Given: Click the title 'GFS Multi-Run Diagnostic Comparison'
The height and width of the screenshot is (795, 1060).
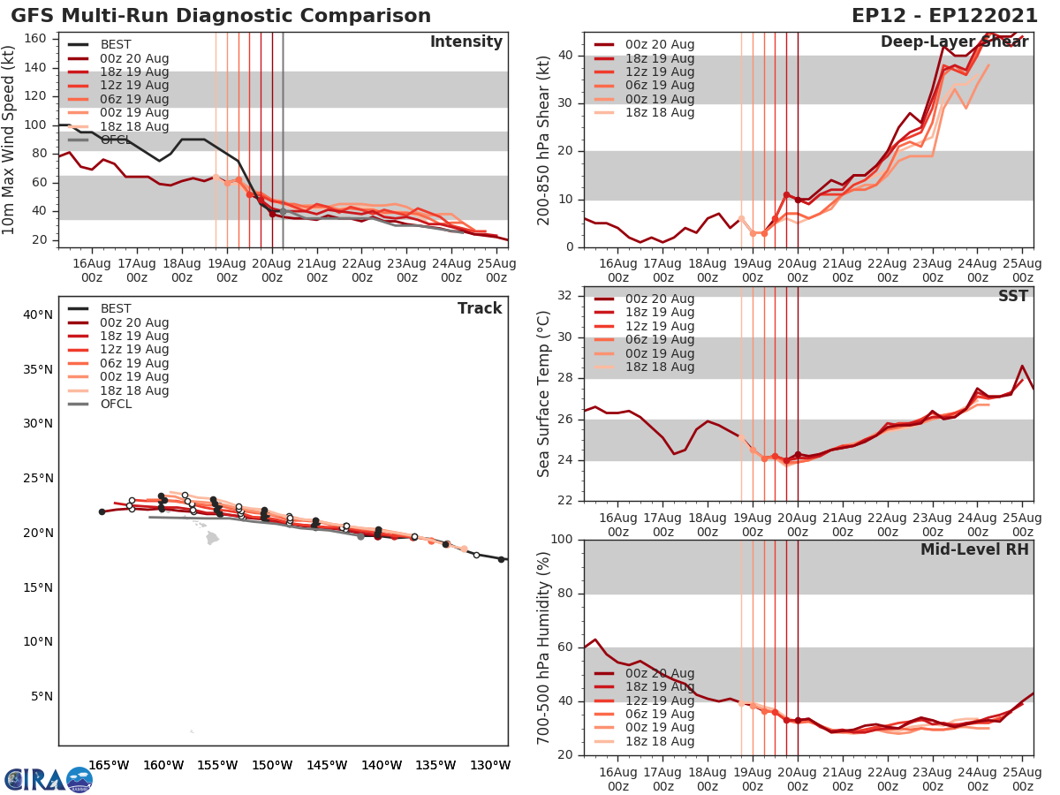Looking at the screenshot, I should pyautogui.click(x=221, y=16).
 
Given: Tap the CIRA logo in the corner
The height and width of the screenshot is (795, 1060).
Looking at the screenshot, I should pyautogui.click(x=48, y=779).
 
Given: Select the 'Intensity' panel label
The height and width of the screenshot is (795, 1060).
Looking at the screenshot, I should pyautogui.click(x=466, y=42).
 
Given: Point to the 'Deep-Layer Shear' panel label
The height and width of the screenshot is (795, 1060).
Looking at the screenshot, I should pyautogui.click(x=954, y=42).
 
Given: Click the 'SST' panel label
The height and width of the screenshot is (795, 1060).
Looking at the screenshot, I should pyautogui.click(x=1013, y=296).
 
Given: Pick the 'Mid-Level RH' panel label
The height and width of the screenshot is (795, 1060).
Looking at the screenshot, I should pyautogui.click(x=974, y=549).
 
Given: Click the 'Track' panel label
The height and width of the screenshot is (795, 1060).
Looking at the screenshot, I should pyautogui.click(x=480, y=308).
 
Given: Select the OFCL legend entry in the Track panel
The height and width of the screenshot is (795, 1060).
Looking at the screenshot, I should pyautogui.click(x=116, y=405).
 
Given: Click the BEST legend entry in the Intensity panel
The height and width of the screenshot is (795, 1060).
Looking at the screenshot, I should pyautogui.click(x=116, y=45).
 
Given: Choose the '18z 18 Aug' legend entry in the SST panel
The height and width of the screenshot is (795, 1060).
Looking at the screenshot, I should pyautogui.click(x=661, y=367).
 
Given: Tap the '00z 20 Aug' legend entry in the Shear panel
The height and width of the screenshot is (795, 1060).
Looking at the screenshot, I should pyautogui.click(x=661, y=45).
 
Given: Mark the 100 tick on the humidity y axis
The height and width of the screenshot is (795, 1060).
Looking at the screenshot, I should pyautogui.click(x=563, y=540).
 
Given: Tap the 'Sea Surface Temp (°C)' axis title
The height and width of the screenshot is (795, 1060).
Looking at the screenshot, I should pyautogui.click(x=544, y=394).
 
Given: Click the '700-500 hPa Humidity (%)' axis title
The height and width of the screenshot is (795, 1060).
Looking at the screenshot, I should pyautogui.click(x=544, y=647).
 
